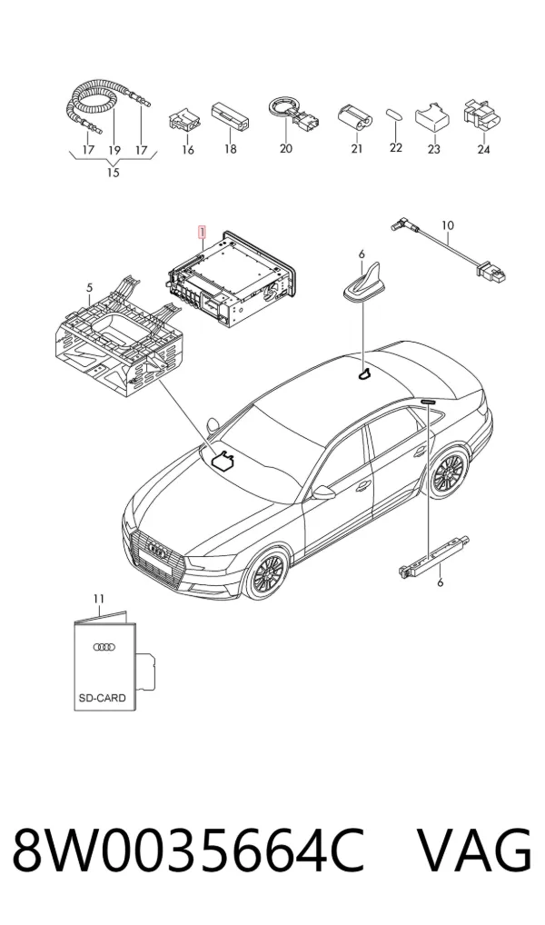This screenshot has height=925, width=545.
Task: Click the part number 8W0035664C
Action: (188, 851)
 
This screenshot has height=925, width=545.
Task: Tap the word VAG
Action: (475, 851)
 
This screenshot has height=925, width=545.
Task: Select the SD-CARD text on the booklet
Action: (102, 698)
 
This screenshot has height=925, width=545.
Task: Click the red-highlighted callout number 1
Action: (202, 231)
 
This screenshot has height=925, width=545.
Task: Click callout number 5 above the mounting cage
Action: (89, 288)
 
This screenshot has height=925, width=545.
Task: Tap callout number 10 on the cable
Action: (448, 225)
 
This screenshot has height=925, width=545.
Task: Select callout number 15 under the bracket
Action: (113, 173)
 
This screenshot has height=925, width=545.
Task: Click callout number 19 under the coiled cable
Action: (114, 151)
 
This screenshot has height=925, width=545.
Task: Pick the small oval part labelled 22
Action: (394, 114)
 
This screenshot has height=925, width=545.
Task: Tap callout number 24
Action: (483, 150)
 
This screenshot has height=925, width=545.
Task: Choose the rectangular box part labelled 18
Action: (231, 117)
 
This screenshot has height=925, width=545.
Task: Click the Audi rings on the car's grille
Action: (157, 551)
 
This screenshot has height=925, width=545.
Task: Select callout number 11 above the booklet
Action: (98, 599)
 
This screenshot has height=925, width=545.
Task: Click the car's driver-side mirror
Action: (323, 492)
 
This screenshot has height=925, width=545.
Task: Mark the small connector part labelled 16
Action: (183, 120)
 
